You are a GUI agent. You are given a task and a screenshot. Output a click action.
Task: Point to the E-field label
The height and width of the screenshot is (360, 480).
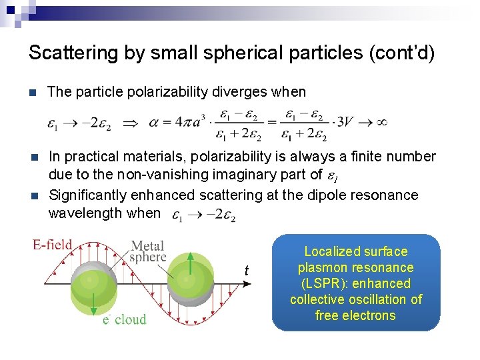[53, 245]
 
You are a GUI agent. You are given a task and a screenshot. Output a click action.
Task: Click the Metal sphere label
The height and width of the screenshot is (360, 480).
[147, 251]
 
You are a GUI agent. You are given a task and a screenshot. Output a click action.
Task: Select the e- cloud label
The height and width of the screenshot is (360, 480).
[124, 320]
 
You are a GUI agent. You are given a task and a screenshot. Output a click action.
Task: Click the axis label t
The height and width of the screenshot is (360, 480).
[247, 271]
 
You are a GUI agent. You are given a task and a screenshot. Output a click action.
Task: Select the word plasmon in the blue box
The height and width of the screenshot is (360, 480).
[323, 267]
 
